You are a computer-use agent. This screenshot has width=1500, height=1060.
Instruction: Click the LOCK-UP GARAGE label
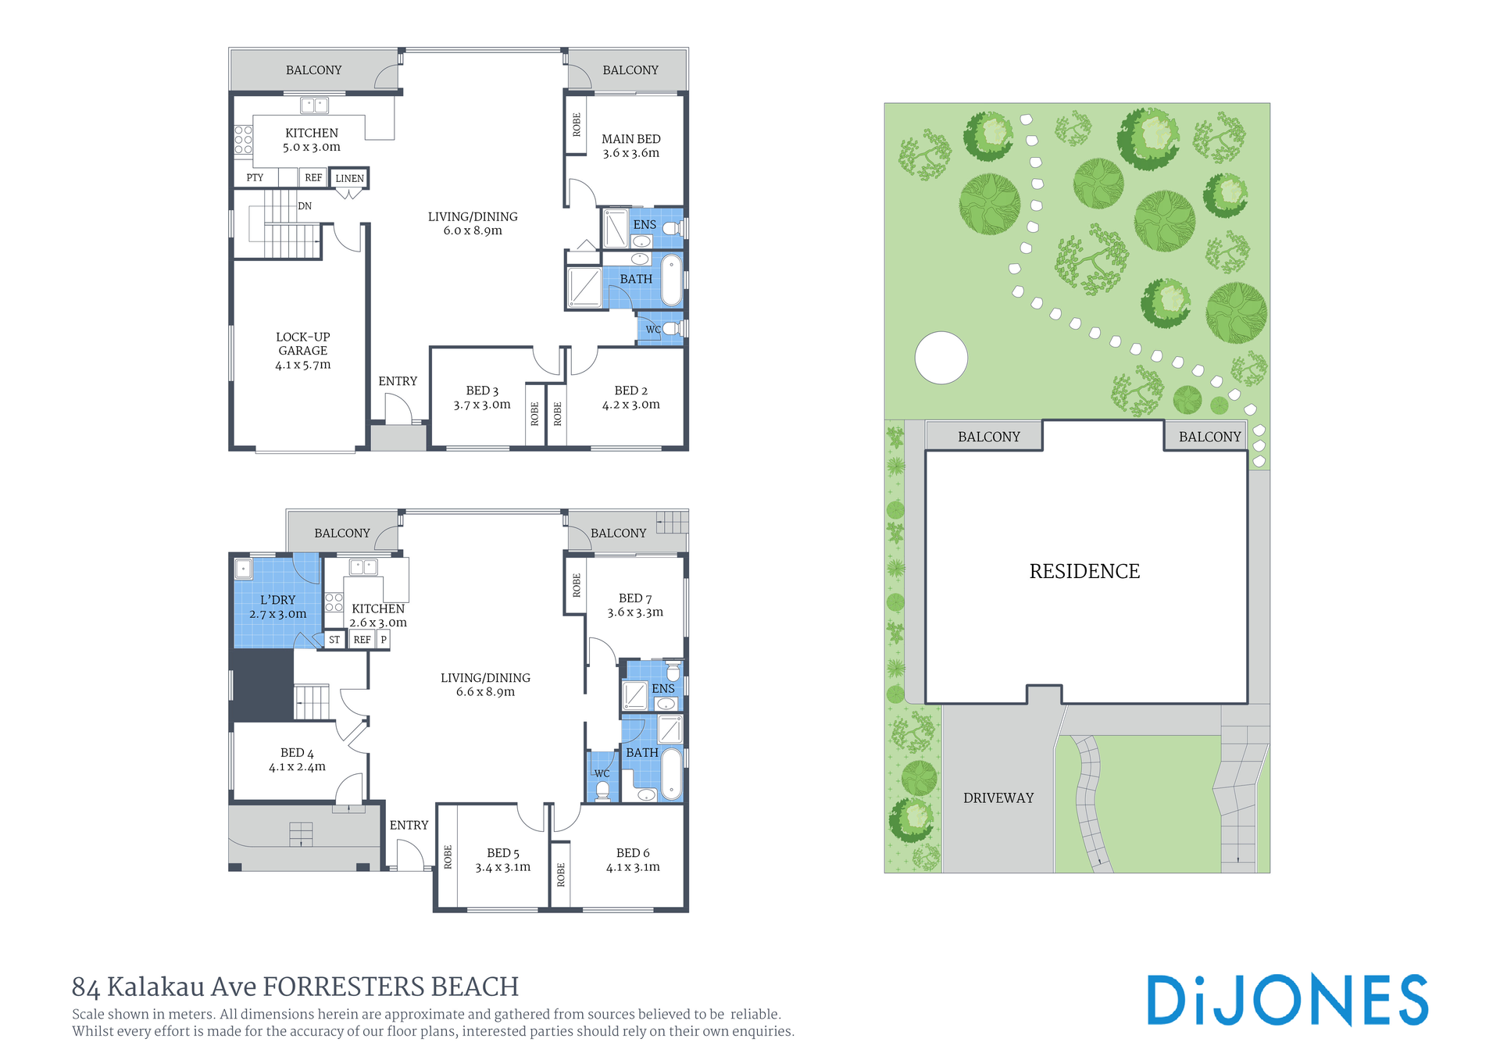(x=303, y=351)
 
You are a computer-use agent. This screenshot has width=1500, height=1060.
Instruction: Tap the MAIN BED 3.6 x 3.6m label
(x=631, y=146)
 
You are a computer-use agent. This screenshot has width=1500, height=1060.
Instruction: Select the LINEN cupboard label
(x=349, y=178)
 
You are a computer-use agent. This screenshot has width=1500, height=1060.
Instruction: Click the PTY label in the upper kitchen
(x=255, y=177)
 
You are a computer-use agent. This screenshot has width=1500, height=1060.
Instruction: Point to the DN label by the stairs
(x=305, y=206)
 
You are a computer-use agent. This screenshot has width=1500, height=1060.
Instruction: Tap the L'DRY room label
(x=278, y=607)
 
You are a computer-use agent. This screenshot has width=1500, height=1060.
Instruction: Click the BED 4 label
(x=297, y=760)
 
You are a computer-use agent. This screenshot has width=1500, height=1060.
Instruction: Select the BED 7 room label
(x=635, y=605)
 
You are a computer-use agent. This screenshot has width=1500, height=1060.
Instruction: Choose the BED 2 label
(x=631, y=398)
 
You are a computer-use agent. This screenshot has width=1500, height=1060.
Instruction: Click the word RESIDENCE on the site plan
(x=1084, y=571)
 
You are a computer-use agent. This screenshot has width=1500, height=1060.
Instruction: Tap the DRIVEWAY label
(x=998, y=798)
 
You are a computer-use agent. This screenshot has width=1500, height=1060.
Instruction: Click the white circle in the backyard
(x=941, y=358)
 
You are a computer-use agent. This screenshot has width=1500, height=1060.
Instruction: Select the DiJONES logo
(x=1287, y=1000)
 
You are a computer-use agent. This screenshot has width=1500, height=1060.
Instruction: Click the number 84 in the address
(x=85, y=987)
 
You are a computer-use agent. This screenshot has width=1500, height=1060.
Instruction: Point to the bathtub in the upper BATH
(x=671, y=280)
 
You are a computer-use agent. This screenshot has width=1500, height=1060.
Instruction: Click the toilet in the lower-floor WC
(x=602, y=791)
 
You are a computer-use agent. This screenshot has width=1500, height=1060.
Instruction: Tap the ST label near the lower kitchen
(x=334, y=640)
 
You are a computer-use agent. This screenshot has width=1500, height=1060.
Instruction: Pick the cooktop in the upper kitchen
(x=244, y=139)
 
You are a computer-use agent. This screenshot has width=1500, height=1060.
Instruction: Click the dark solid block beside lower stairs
(x=262, y=685)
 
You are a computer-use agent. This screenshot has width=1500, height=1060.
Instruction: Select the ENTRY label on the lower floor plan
(x=409, y=825)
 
